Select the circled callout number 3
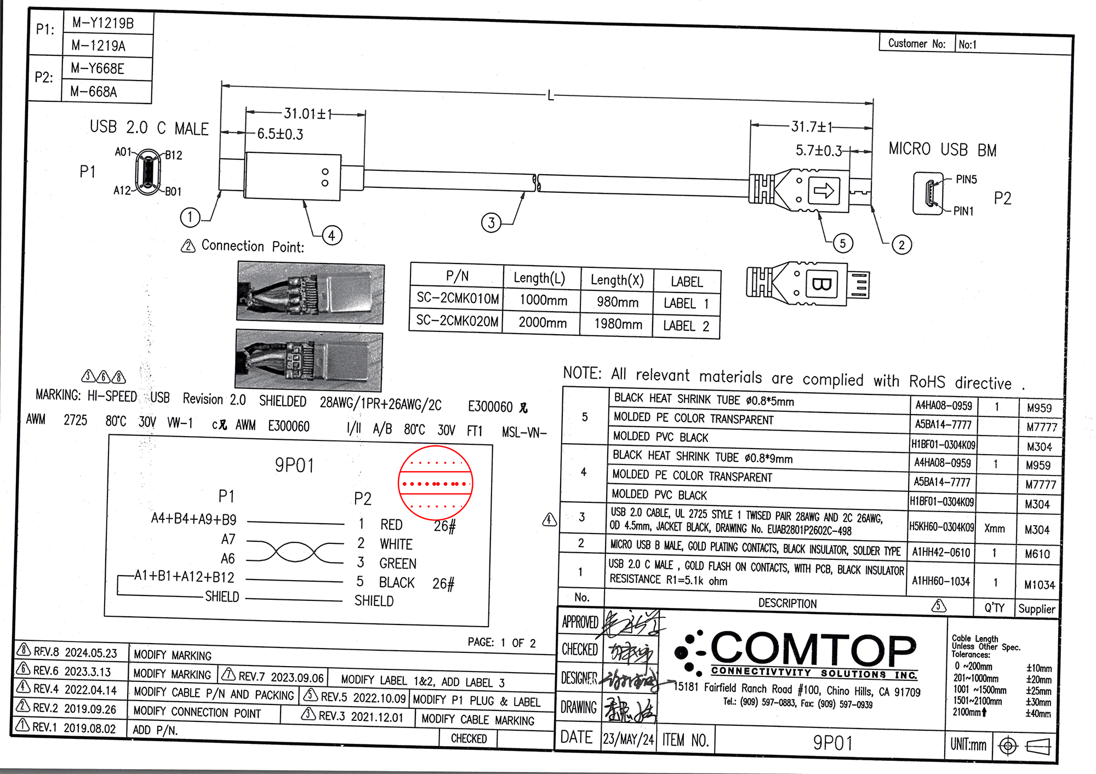pyautogui.click(x=491, y=223)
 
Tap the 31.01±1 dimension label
pyautogui.click(x=308, y=114)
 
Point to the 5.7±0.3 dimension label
pyautogui.click(x=818, y=150)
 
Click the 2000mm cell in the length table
pyautogui.click(x=543, y=323)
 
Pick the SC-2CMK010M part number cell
pyautogui.click(x=458, y=299)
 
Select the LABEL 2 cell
pyautogui.click(x=686, y=326)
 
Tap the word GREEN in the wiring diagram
pyautogui.click(x=398, y=564)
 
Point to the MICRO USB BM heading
pyautogui.click(x=943, y=150)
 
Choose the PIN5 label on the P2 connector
pyautogui.click(x=966, y=180)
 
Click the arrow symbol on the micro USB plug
pyautogui.click(x=823, y=191)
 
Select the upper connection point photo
pyautogui.click(x=310, y=293)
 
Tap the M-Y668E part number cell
pyautogui.click(x=98, y=69)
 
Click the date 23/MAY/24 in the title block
pyautogui.click(x=628, y=739)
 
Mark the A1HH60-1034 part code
pyautogui.click(x=941, y=581)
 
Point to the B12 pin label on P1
pyautogui.click(x=174, y=156)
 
